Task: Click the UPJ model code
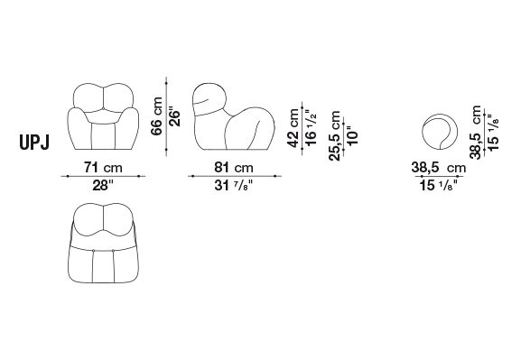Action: click(34, 143)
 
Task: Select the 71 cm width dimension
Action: click(103, 167)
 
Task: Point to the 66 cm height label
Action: click(156, 116)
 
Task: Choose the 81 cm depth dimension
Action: click(234, 167)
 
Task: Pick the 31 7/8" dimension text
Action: click(234, 185)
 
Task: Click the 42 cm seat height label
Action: click(293, 128)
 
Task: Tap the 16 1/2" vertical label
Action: click(311, 128)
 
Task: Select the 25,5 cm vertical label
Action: click(335, 136)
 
